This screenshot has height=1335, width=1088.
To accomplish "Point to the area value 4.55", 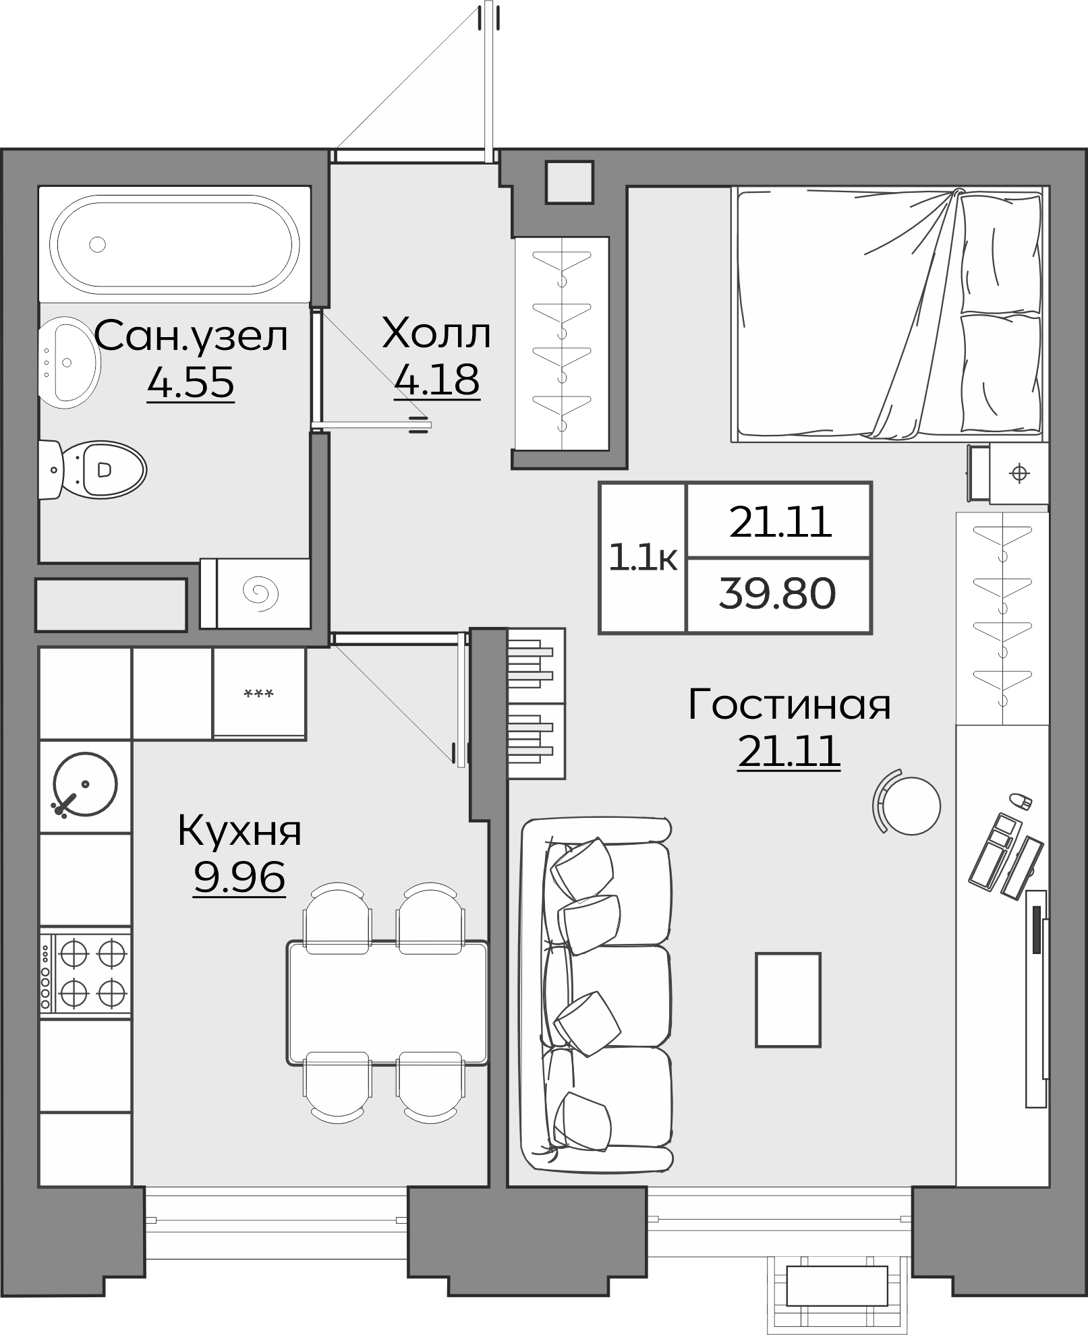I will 191,383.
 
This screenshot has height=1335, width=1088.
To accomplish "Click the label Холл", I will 436,334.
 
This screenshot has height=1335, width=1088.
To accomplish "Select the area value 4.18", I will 437,380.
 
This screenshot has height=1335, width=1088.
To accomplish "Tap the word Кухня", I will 239,831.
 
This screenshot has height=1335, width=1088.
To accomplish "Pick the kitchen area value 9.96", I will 239,877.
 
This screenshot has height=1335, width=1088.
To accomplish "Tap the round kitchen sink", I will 85,785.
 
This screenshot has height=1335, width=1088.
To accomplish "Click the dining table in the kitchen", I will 388,1004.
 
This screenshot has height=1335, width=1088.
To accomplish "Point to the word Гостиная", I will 789,705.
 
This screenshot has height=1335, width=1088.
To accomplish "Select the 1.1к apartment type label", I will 642,558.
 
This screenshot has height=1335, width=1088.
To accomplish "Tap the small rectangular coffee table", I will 788,1000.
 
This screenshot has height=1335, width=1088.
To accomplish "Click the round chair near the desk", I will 911,806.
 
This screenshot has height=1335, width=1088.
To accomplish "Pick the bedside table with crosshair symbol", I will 1019,474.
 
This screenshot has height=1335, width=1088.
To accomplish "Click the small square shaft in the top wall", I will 570,182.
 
